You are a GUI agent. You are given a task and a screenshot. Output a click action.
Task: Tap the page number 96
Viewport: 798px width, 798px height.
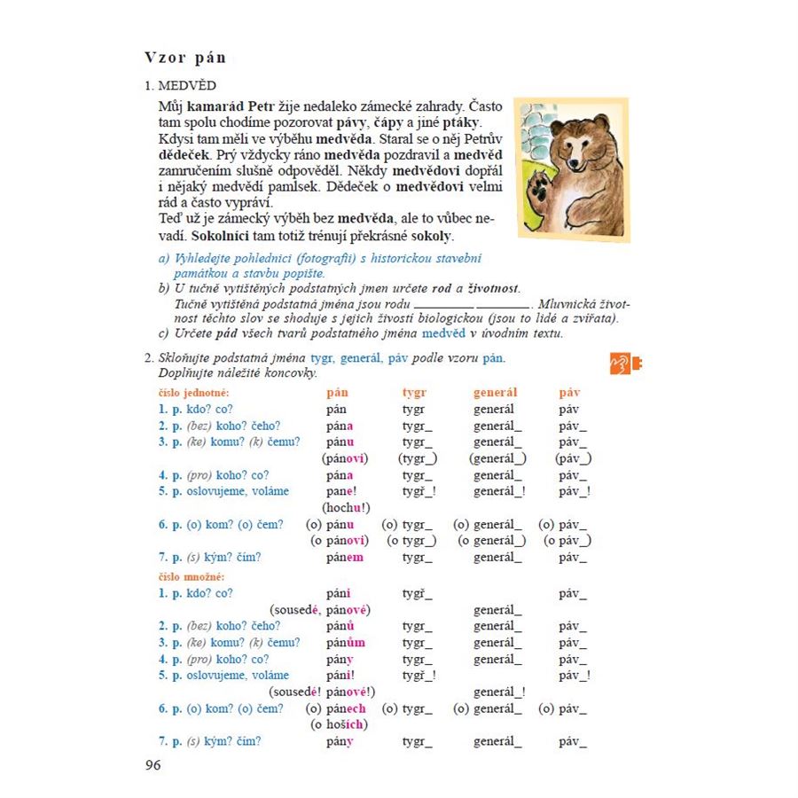point(153,765)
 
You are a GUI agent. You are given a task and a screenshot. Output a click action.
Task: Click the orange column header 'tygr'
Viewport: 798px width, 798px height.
point(414,392)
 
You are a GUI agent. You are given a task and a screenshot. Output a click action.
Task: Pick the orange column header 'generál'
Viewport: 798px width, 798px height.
point(495,392)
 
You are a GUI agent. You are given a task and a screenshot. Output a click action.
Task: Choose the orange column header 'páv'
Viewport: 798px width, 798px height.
point(569,392)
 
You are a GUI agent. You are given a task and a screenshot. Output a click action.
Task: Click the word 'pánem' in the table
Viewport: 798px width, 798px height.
point(344,558)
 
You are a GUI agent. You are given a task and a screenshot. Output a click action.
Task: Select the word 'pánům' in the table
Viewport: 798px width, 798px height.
point(346,643)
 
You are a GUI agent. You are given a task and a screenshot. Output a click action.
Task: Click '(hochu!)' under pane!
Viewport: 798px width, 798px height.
point(346,508)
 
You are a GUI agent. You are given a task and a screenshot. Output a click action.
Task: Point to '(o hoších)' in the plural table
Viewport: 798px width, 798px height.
point(339,724)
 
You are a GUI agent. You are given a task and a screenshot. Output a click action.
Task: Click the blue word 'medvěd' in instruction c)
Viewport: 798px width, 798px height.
point(443,333)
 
